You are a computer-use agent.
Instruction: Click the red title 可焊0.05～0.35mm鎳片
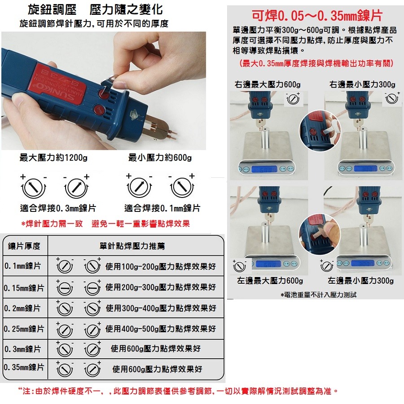pos(316,16)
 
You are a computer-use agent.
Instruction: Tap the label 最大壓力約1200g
pos(54,158)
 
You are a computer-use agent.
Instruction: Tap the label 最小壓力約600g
pos(160,158)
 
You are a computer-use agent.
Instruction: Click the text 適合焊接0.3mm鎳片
pos(58,209)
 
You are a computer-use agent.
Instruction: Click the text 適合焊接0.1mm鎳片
pos(162,209)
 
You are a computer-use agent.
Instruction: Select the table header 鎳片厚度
pos(25,246)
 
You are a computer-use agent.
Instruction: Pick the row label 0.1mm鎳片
pos(23,266)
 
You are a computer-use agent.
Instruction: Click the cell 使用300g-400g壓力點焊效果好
pos(161,308)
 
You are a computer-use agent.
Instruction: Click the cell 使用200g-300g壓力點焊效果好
pos(161,287)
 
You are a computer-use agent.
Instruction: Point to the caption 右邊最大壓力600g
pos(268,84)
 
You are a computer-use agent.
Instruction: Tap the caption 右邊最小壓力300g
pos(362,84)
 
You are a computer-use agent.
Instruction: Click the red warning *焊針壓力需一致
pos(52,224)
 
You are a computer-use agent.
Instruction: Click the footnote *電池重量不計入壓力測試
pos(318,295)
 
